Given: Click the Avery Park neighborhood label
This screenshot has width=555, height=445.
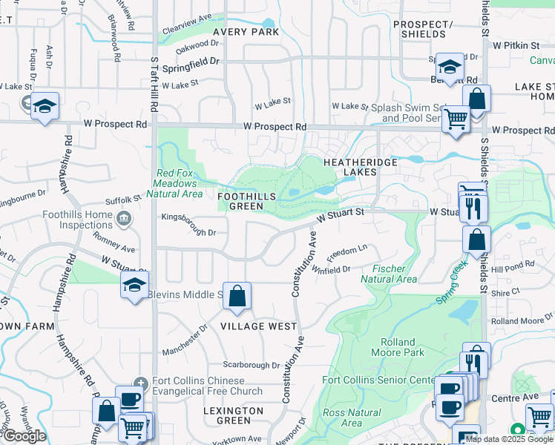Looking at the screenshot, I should (246, 32).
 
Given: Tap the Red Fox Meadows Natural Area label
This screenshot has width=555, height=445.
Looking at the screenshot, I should (174, 185).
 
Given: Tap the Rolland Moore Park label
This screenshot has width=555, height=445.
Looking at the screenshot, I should (403, 347).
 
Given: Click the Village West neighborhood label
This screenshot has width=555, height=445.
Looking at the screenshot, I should (258, 326).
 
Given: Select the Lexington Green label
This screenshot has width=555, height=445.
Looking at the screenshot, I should (234, 415).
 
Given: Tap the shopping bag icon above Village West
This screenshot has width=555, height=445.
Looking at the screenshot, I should (237, 297).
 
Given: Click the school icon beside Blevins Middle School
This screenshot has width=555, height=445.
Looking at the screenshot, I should (134, 286).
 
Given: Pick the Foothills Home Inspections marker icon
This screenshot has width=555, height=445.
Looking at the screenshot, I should (123, 217).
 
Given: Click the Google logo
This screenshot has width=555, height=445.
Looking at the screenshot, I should (24, 435).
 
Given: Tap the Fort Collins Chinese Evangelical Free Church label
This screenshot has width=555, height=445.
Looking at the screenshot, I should (208, 386).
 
